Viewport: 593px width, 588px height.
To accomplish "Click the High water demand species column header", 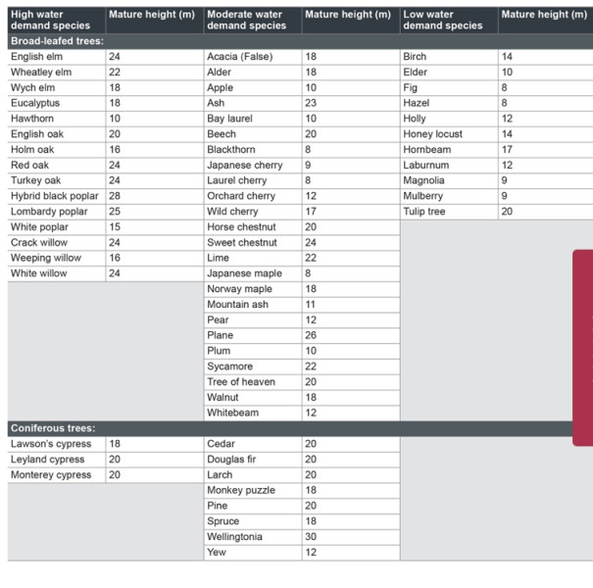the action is pos(50,20).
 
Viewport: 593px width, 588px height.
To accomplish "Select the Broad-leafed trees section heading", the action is pos(57,41).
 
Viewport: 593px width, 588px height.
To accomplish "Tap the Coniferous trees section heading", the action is pos(53,428).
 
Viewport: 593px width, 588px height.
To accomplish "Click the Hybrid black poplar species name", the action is pos(55,196).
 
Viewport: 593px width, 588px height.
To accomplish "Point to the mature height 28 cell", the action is pos(115,196).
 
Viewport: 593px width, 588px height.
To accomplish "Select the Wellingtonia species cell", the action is pos(234,537).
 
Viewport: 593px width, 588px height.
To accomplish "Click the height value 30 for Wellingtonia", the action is pos(311,537).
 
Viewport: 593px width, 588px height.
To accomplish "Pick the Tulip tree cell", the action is pos(424,212).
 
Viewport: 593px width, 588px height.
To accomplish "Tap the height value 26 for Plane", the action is pos(311,335).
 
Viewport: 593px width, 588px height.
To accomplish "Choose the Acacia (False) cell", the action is pos(240,57).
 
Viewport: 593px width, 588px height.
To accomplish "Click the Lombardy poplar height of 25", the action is pos(115,212).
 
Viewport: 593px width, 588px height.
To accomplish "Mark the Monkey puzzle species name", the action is pos(241,490).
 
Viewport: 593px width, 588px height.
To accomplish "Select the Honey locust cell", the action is pos(432,134).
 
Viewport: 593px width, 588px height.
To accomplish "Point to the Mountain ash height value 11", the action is pos(310,305).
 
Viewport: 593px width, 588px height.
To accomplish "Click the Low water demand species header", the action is pos(443,20).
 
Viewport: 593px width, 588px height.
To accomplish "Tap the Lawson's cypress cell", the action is pos(51,444).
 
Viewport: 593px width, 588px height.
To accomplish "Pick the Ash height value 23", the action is pos(311,103).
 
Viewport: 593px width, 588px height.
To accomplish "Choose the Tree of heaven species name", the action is pos(241,382).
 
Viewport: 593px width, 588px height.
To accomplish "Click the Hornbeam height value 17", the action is pos(507,149).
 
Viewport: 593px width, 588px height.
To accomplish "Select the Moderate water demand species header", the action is pos(247,20).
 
